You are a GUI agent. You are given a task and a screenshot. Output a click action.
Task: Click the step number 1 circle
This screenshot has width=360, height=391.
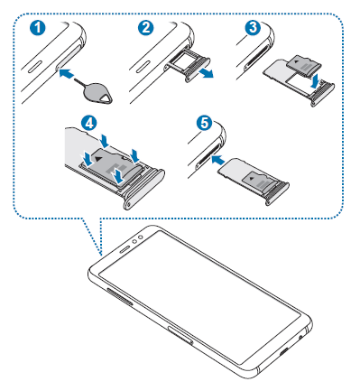point(38,28)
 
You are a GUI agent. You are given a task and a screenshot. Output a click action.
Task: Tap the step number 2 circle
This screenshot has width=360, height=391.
point(146,28)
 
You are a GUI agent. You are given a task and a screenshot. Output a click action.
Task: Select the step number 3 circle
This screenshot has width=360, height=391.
point(253,28)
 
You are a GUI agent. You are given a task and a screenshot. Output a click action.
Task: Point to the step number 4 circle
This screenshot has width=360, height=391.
point(89,124)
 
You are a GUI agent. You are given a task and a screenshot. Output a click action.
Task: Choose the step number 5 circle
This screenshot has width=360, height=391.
point(204,123)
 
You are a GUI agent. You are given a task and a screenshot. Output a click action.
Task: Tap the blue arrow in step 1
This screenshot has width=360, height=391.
point(67,73)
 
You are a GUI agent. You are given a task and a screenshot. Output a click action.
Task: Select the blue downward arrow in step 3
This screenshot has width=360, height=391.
point(315,79)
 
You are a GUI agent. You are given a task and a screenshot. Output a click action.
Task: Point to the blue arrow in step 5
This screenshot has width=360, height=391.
point(218,159)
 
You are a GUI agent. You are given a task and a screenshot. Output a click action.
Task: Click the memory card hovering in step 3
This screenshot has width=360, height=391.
point(304,66)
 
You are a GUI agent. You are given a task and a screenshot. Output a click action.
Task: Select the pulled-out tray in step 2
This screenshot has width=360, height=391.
point(188,64)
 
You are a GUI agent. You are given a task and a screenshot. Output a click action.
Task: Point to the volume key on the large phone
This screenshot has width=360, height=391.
point(119,296)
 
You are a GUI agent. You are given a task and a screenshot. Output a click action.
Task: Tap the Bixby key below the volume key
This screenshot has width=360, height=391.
point(181,334)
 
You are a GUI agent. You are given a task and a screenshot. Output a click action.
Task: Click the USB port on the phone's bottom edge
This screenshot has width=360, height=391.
point(285,350)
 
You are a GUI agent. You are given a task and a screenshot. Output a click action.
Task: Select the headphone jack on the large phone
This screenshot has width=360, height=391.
point(300,336)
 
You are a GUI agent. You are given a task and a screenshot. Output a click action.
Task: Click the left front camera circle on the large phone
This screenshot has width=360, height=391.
point(135,241)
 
